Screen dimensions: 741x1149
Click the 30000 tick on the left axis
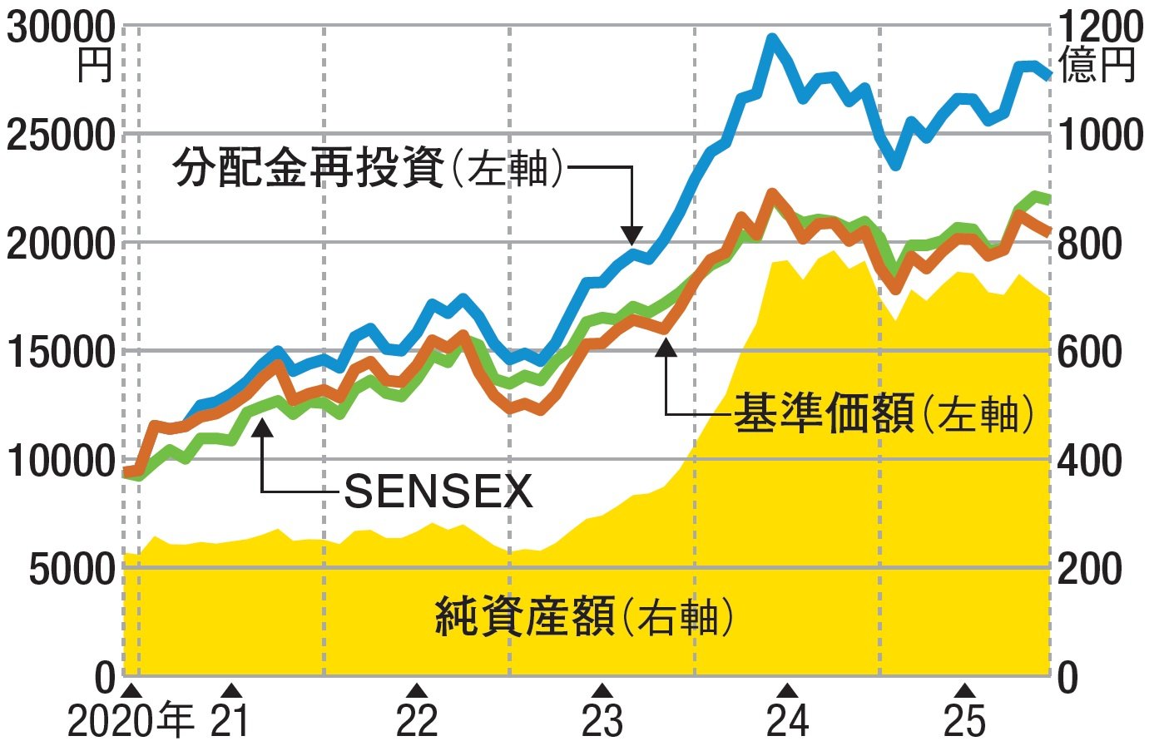[x=61, y=27]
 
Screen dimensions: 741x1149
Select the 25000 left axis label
[x=61, y=135]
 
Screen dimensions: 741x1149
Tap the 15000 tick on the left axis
[x=61, y=352]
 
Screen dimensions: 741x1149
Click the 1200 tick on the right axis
[x=1099, y=27]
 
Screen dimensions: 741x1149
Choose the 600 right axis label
[x=1090, y=352]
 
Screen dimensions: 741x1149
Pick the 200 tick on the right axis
[x=1090, y=570]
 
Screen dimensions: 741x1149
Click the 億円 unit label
[x=1097, y=65]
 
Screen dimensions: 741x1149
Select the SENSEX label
[x=438, y=492]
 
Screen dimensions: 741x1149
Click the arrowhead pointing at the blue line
[x=632, y=235]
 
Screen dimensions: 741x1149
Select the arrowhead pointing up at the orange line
[x=666, y=347]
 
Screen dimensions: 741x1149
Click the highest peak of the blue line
[x=772, y=38]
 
